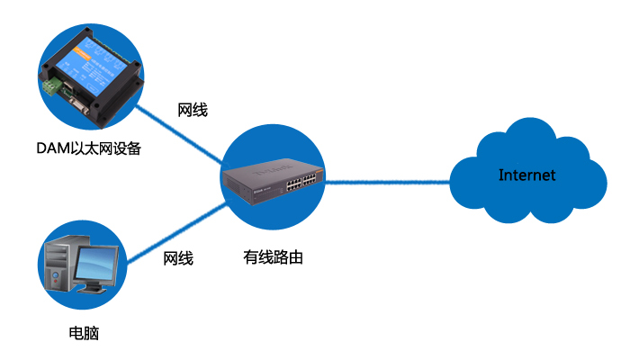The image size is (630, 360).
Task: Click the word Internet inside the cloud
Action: (527, 175)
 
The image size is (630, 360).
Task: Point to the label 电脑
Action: (84, 334)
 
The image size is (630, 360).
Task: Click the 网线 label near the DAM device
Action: (193, 110)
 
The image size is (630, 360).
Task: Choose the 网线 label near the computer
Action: (178, 259)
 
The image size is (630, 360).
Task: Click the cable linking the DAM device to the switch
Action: (180, 135)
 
